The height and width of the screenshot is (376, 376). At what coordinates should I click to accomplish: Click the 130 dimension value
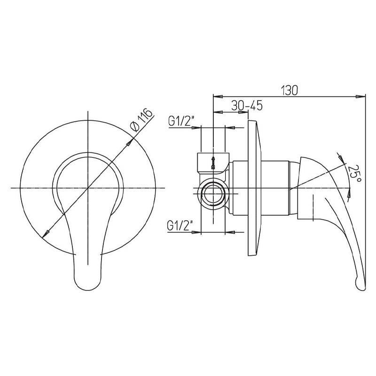click(289, 90)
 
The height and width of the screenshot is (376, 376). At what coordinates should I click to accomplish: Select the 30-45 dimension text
click(247, 105)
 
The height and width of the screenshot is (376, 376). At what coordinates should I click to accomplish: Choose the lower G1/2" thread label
click(180, 226)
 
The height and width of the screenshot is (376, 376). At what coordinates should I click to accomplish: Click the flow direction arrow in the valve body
click(213, 163)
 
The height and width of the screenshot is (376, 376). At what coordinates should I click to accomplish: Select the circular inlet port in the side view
click(213, 194)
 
